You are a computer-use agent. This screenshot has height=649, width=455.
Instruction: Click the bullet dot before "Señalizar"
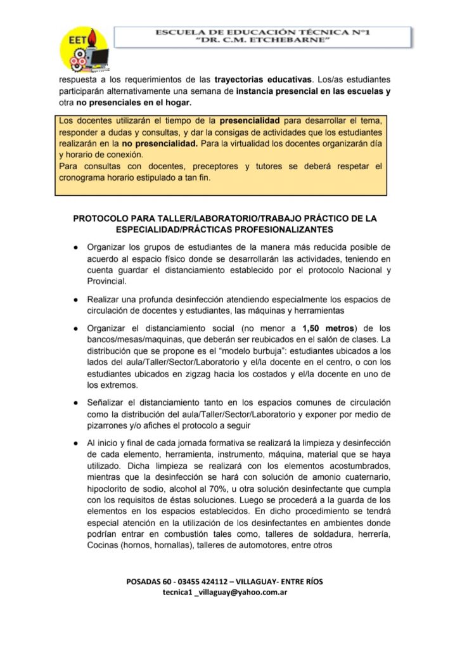coord(75,402)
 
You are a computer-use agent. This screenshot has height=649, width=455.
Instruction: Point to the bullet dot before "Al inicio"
coord(75,443)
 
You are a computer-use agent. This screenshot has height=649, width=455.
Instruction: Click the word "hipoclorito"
coord(111,489)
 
